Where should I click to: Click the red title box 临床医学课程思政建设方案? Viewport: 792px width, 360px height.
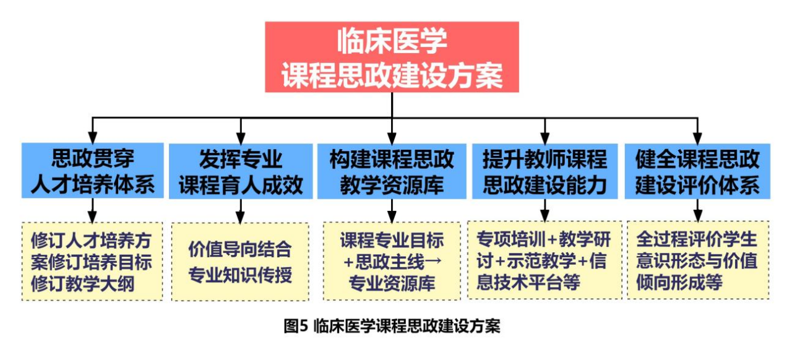(392, 57)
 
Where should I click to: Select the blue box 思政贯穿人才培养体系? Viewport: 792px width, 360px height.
(92, 171)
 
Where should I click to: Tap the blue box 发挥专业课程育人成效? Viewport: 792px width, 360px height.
(241, 171)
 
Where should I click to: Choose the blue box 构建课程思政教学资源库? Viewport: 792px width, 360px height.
(392, 171)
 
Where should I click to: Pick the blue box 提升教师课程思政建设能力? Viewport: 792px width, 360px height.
(544, 171)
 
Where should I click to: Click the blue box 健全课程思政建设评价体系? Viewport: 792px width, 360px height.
(697, 171)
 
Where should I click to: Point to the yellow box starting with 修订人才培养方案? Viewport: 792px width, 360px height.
(92, 262)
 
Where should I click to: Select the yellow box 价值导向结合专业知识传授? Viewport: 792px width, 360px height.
(241, 262)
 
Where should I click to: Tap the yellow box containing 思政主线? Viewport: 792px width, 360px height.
(392, 262)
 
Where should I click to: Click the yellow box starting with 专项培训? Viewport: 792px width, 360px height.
(544, 260)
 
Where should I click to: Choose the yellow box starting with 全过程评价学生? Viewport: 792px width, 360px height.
(697, 260)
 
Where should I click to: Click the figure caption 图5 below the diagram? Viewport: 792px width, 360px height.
(392, 326)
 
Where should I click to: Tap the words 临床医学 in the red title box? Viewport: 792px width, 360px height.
(392, 42)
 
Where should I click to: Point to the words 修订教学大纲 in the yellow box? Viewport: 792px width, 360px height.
(92, 284)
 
